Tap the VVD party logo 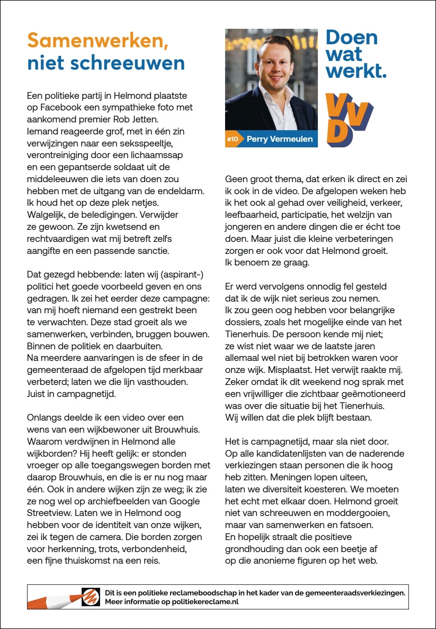coord(349,120)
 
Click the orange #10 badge coord(232,139)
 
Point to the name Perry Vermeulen coord(280,139)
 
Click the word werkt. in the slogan coord(356,70)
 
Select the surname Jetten coord(143,119)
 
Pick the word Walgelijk coord(45,215)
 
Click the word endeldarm coord(183,191)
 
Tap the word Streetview coord(49,513)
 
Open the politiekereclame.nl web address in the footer coord(205,602)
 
